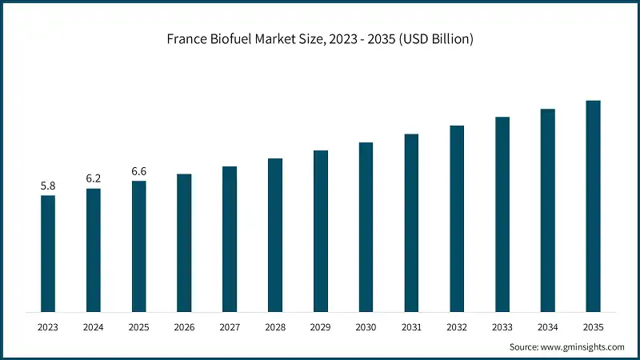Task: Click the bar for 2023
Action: pyautogui.click(x=48, y=254)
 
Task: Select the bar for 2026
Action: pyautogui.click(x=184, y=242)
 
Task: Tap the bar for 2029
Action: pyautogui.click(x=321, y=231)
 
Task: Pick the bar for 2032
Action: pyautogui.click(x=457, y=218)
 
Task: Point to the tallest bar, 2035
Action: pyautogui.click(x=593, y=206)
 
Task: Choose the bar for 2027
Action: pyautogui.click(x=230, y=239)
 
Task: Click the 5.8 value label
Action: pyautogui.click(x=48, y=186)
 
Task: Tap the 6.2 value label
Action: pyautogui.click(x=94, y=179)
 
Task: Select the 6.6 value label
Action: pyautogui.click(x=139, y=172)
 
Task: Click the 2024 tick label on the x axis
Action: pyautogui.click(x=94, y=327)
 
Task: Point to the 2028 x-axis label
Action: pyautogui.click(x=275, y=327)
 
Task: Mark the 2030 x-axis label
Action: pyautogui.click(x=366, y=327)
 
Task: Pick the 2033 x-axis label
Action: pyautogui.click(x=502, y=327)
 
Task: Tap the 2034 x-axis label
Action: pyautogui.click(x=547, y=327)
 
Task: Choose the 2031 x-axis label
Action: pyautogui.click(x=411, y=327)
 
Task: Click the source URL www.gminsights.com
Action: pyautogui.click(x=582, y=347)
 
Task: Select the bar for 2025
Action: pyautogui.click(x=139, y=246)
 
